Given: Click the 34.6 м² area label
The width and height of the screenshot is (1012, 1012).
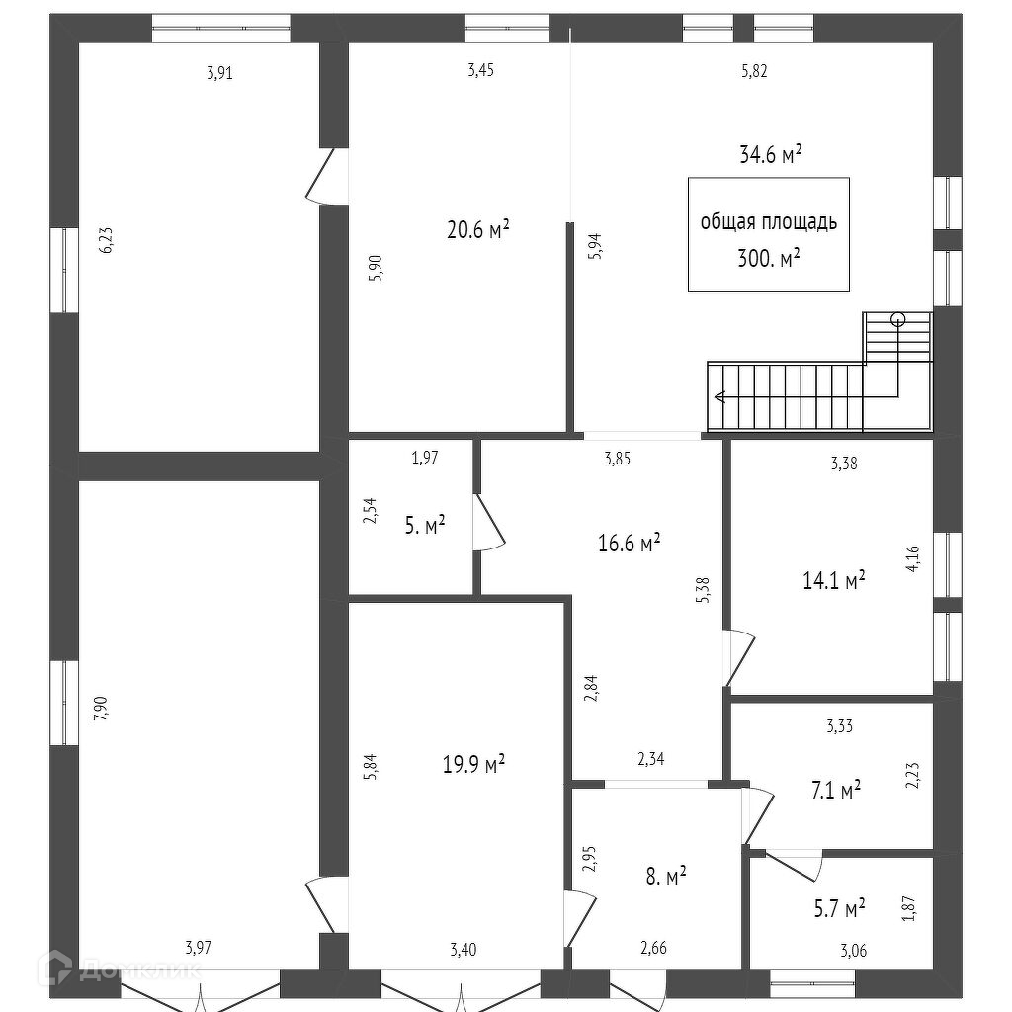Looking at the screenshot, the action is tap(770, 154).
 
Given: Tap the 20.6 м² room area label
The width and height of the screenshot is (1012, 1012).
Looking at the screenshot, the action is tap(477, 230).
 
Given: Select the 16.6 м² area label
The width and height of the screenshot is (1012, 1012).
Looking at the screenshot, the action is tap(629, 543).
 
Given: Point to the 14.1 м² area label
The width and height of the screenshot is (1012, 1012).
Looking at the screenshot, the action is tap(833, 580).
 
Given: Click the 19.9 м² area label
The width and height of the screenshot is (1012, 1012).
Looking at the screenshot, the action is tap(474, 763).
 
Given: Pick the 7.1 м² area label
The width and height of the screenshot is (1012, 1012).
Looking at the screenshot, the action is tap(835, 789).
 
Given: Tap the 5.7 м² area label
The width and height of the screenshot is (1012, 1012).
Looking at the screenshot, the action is tap(840, 906).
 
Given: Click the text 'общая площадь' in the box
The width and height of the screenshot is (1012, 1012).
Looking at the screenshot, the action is tap(768, 222).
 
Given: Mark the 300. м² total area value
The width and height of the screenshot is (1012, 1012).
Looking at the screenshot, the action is tap(768, 259).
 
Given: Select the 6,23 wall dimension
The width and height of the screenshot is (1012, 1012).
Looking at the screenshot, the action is tap(107, 241).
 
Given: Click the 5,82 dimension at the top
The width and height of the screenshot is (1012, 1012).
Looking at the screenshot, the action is tap(753, 71).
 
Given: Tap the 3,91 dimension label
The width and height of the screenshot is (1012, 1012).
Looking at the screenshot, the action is tap(219, 72).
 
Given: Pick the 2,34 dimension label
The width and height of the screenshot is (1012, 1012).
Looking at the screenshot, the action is tap(651, 759).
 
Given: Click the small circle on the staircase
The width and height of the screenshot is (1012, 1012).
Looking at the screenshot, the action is tap(897, 318).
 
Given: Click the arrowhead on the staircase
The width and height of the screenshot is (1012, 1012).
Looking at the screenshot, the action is tap(718, 398).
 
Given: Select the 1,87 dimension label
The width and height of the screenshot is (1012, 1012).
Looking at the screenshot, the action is tap(908, 908).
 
